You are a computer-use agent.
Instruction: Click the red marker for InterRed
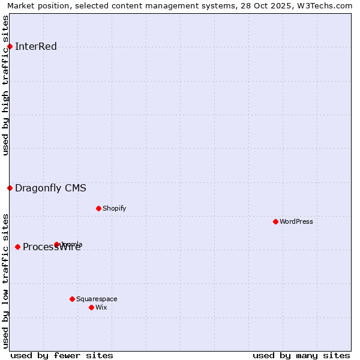[10, 47]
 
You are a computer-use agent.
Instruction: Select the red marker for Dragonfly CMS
[10, 188]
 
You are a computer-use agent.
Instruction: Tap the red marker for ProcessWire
[18, 247]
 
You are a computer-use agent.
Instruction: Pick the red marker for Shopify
[98, 209]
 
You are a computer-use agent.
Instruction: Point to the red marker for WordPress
[275, 222]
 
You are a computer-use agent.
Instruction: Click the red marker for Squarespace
[72, 299]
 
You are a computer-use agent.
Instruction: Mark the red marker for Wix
[91, 308]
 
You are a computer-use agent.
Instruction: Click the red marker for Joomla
[57, 244]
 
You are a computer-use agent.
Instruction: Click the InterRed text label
[36, 47]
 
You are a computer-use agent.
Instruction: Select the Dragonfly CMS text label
[50, 188]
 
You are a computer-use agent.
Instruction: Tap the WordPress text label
[296, 222]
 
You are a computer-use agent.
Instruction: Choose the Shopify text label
[114, 209]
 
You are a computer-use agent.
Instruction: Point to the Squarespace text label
[97, 299]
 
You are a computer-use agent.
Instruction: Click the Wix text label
[101, 308]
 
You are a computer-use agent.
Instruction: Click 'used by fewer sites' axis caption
[62, 356]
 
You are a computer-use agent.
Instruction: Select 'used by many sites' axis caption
[301, 356]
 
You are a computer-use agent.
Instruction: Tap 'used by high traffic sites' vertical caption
[5, 85]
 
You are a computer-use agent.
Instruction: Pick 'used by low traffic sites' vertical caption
[5, 281]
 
